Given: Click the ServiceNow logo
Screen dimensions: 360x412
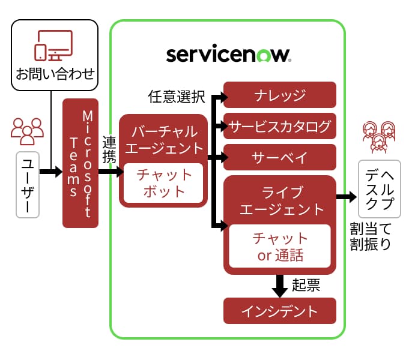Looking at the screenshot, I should (228, 55).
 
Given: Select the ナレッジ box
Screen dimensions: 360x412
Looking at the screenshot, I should (280, 95).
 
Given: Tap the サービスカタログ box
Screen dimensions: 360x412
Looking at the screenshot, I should (280, 127).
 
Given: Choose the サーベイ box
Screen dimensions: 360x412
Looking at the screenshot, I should (280, 158).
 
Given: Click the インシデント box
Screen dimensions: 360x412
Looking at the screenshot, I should (280, 311).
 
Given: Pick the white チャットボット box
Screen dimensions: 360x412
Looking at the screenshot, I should (163, 183).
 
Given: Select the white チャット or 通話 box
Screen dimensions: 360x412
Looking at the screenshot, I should (280, 246).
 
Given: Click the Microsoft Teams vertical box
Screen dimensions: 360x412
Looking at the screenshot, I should (80, 163).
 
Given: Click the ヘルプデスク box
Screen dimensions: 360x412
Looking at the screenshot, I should (380, 189).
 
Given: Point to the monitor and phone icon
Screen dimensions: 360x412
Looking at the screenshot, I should (53, 46).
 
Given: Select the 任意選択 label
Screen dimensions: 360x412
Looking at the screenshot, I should (177, 96).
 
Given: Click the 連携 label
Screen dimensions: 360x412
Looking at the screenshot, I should (109, 152).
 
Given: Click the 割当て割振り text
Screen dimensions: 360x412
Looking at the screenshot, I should (370, 236).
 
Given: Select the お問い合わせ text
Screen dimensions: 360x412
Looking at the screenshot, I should (55, 74).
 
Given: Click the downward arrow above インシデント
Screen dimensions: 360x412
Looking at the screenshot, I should (280, 286).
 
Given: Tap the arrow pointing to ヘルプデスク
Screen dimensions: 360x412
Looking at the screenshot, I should (345, 197).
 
